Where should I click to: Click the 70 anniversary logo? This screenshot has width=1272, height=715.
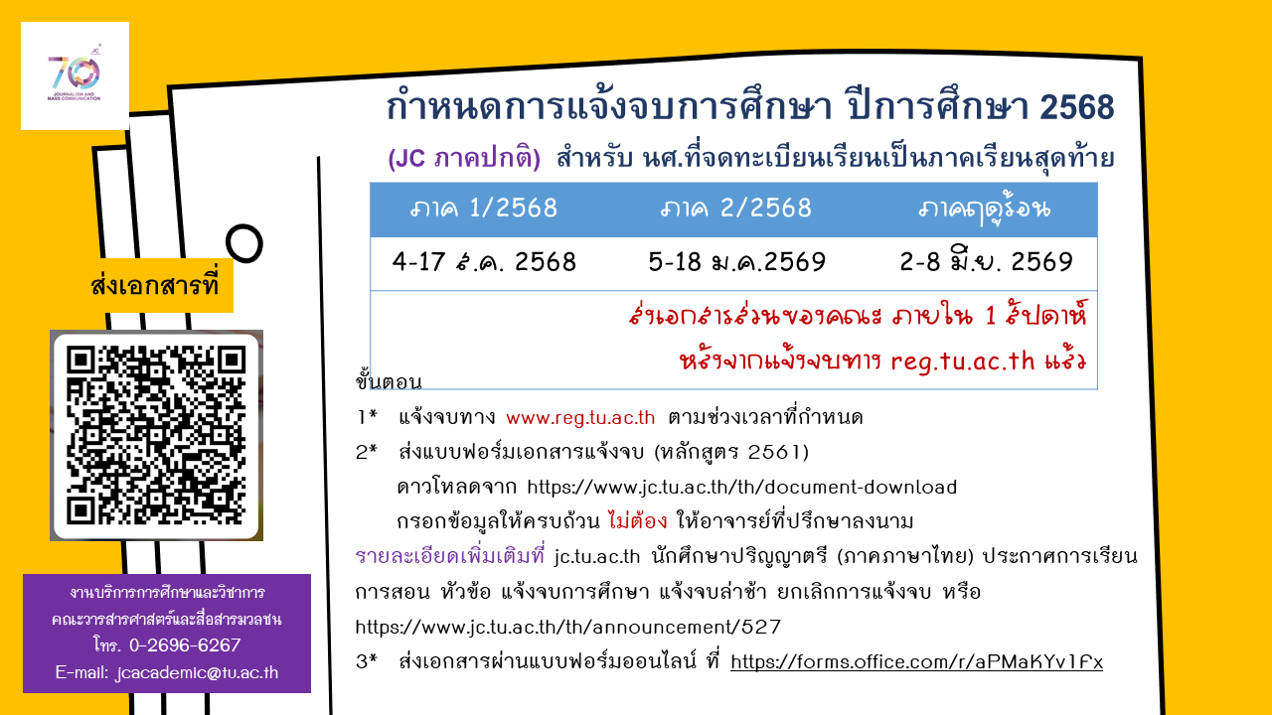click(75, 75)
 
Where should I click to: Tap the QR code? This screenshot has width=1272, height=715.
click(156, 436)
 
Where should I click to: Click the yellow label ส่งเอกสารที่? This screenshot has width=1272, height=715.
click(154, 285)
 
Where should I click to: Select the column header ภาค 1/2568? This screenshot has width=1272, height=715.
click(484, 209)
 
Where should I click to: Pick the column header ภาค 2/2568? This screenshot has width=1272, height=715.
click(736, 209)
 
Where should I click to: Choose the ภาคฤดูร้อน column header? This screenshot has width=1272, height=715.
click(985, 210)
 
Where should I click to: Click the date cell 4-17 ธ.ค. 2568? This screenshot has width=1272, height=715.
click(484, 262)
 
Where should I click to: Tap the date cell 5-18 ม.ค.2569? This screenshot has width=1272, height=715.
click(736, 262)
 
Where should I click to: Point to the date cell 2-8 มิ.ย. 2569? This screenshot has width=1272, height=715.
click(987, 261)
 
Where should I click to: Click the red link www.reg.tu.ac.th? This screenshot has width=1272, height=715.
click(580, 418)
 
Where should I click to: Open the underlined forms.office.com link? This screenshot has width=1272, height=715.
click(916, 661)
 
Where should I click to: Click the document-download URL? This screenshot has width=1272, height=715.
click(742, 487)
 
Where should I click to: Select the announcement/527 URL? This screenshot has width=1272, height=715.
click(567, 627)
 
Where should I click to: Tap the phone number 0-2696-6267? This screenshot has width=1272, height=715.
click(185, 645)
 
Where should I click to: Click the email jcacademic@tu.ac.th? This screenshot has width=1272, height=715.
click(197, 672)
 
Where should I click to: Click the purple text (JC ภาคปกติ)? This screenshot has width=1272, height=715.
click(464, 158)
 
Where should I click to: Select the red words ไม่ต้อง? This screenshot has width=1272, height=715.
click(637, 520)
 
